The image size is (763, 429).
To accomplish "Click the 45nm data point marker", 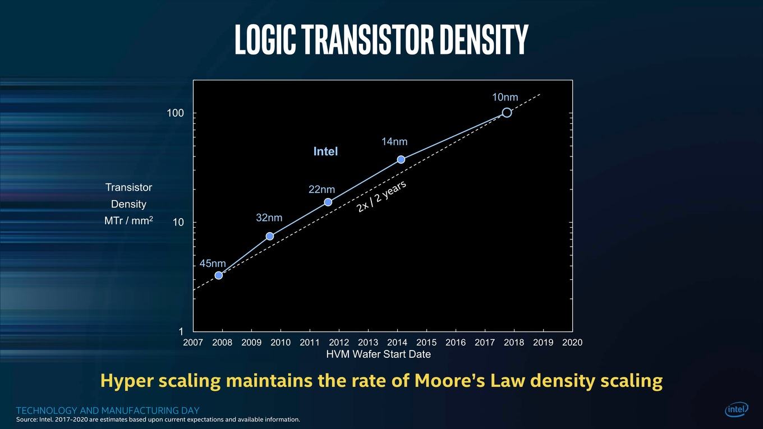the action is point(219,275).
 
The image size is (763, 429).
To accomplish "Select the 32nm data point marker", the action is point(270,236).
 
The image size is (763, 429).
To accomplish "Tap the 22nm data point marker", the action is point(328,202).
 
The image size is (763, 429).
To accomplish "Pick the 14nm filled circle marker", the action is point(401,159).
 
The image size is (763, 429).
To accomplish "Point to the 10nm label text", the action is point(505,98).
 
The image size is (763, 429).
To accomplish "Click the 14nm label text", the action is point(394,142).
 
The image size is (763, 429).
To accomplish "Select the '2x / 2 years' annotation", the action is point(381,196).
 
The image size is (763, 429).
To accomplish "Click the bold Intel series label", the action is point(325,151).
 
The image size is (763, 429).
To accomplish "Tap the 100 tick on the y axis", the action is point(175,113).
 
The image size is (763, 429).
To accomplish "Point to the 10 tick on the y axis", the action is point(178,222).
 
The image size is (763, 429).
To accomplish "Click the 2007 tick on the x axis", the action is point(193,342).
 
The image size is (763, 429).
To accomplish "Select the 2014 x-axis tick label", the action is point(397,342).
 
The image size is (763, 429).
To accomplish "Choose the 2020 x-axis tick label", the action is point(572,342).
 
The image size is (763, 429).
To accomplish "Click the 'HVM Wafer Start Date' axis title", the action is point(379,354).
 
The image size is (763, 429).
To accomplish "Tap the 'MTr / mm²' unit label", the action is point(129,220).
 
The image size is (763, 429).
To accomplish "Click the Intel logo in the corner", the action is point(737,409).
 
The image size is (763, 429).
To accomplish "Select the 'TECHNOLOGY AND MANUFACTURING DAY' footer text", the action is point(108,410).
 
